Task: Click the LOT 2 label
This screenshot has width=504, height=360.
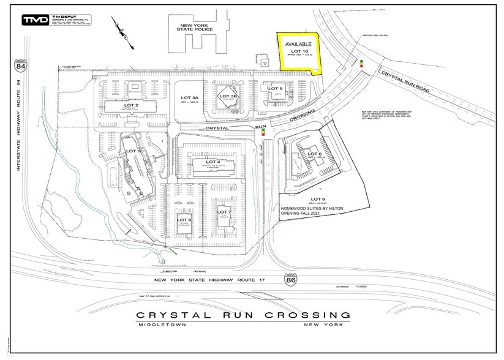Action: coord(131,105)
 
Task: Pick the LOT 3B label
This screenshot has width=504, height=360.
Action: coord(228,96)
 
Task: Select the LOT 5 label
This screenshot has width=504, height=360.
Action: coord(275,89)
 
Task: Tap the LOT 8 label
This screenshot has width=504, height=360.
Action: coord(184,219)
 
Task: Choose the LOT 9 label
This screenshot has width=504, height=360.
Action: coord(318,200)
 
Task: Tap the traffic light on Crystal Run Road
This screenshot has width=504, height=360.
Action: coord(361,62)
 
